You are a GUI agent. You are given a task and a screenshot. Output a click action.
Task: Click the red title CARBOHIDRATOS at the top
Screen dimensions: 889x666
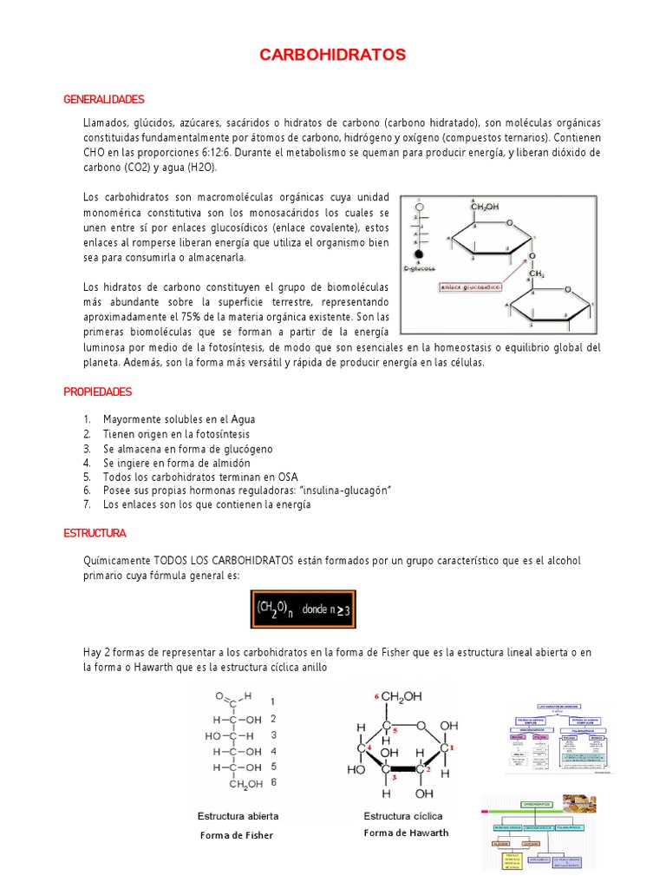pos(333,56)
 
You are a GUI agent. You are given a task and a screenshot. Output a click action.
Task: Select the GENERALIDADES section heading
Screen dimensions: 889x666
pos(104,100)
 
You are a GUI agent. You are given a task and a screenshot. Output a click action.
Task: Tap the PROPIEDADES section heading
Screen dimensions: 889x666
pos(98,392)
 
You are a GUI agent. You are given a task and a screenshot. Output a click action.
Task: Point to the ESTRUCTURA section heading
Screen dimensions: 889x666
pos(95,532)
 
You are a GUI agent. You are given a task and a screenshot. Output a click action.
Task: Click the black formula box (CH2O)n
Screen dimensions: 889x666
pos(304,610)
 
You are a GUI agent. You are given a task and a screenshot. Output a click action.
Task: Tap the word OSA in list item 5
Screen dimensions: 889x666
pos(287,477)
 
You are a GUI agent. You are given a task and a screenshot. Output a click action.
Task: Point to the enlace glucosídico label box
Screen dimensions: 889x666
pos(476,286)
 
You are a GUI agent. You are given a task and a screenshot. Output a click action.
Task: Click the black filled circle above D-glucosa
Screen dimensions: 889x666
pos(419,255)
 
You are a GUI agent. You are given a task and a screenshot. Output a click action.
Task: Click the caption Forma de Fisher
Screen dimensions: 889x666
pos(236,835)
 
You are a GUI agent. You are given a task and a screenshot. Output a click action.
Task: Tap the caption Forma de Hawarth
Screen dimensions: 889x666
pos(406,833)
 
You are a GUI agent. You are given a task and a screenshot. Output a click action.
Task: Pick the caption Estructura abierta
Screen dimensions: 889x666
pos(238,816)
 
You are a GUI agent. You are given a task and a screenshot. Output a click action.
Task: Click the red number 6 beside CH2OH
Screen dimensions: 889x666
pos(375,696)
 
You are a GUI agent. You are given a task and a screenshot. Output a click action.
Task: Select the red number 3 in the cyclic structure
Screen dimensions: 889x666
pos(394,777)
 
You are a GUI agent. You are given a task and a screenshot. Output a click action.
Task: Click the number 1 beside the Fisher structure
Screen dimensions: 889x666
pos(273,701)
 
